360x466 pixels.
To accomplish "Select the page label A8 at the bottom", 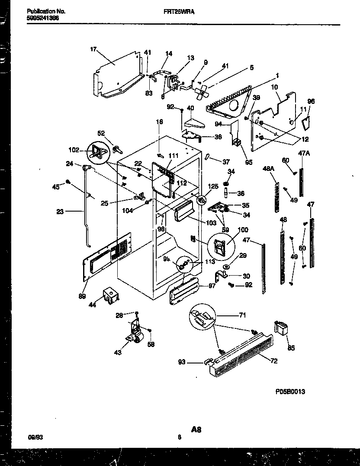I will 196,429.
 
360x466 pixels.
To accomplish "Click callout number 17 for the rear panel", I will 93,49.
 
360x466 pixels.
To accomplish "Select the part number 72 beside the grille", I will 274,361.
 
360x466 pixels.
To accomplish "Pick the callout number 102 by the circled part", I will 74,151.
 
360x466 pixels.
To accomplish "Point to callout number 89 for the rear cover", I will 82,296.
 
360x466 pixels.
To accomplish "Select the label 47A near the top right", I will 305,153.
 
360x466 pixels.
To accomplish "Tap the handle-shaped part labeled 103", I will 184,213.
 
